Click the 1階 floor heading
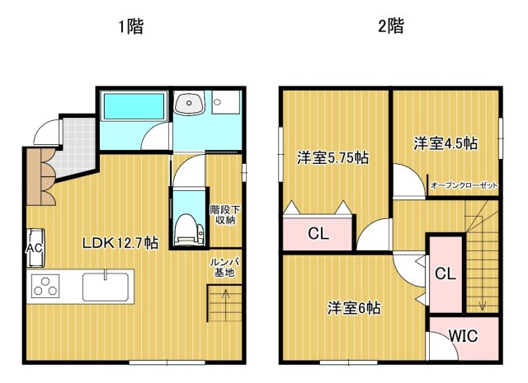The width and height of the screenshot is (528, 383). point(130,26)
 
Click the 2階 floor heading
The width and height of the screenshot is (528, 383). point(391,26)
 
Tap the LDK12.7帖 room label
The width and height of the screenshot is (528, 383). point(120,243)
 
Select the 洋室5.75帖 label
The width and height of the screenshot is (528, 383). point(332,158)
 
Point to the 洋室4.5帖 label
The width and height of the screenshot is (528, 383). point(445,142)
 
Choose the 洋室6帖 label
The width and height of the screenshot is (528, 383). point(354,308)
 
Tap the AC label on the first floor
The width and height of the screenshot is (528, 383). point(35,248)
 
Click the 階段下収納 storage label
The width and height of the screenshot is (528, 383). point(223,214)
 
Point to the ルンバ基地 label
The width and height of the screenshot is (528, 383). point(224,267)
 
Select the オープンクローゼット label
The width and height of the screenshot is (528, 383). point(464,186)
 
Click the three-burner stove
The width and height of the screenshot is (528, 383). point(47,287)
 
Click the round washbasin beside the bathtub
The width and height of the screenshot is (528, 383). point(189,105)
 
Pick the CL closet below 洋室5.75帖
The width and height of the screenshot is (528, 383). point(318,234)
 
